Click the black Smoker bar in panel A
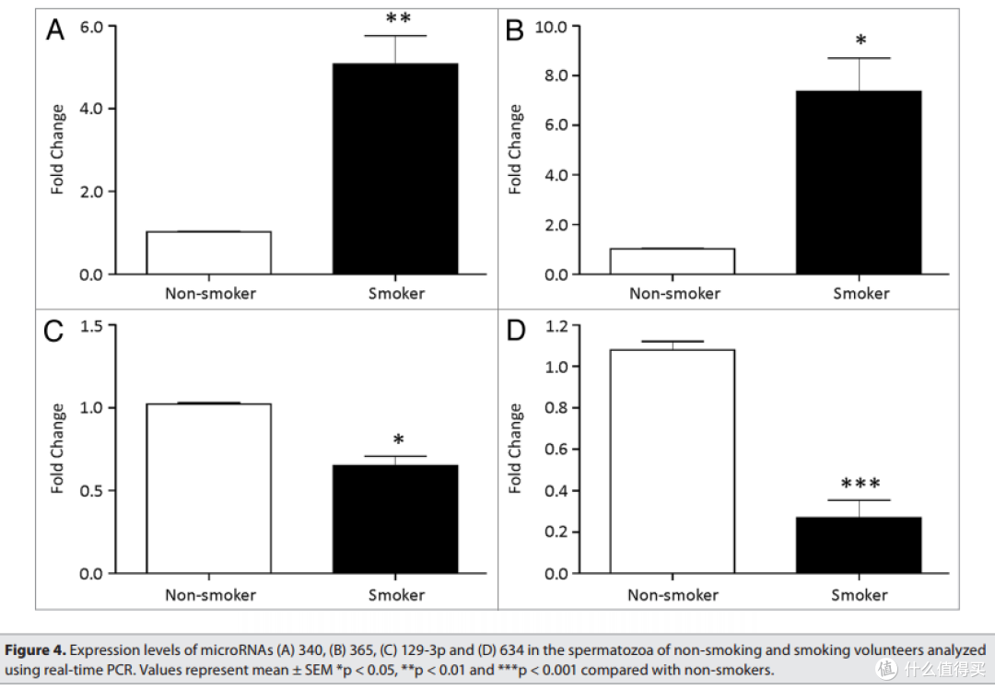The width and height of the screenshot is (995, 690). tap(395, 169)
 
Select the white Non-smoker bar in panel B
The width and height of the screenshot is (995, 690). tap(672, 262)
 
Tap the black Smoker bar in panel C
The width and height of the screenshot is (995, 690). tap(395, 520)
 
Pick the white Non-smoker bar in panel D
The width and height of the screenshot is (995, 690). tap(672, 462)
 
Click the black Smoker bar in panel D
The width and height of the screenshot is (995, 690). tap(859, 545)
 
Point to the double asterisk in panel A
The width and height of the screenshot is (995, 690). tap(398, 18)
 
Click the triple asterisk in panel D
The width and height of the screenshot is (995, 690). tap(860, 484)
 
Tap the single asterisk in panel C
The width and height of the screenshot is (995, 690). tap(398, 439)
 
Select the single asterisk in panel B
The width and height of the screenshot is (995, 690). tap(860, 41)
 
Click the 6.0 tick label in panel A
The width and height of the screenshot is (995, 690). tap(90, 27)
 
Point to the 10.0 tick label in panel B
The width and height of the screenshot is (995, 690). tap(551, 27)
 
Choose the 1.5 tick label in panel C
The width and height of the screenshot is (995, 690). tap(90, 326)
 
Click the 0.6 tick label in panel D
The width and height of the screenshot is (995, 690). tap(556, 449)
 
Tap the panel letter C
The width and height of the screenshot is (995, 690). tap(54, 332)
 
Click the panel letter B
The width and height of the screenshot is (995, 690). tap(515, 29)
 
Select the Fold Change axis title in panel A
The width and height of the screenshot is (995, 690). tap(58, 149)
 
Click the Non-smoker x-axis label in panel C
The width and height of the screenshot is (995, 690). tap(211, 595)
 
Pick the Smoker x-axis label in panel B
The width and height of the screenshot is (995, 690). tap(861, 293)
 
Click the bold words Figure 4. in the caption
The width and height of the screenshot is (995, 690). tap(36, 650)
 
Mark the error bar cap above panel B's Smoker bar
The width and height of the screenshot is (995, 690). tap(860, 58)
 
